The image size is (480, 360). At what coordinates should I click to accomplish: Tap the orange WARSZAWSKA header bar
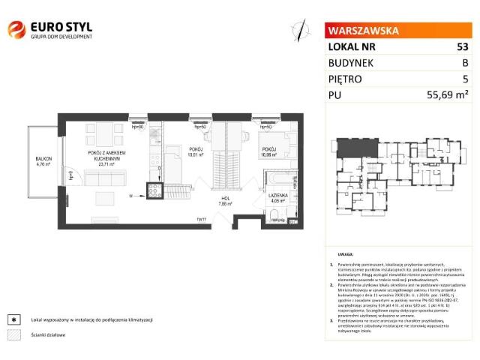pyautogui.click(x=398, y=31)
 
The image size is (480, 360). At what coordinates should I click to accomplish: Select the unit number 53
pyautogui.click(x=462, y=46)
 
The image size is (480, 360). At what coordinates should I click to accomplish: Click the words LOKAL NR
pyautogui.click(x=352, y=46)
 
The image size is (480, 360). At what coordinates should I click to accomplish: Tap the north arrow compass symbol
pyautogui.click(x=301, y=30)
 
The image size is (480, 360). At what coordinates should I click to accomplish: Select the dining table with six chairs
pyautogui.click(x=106, y=136)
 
